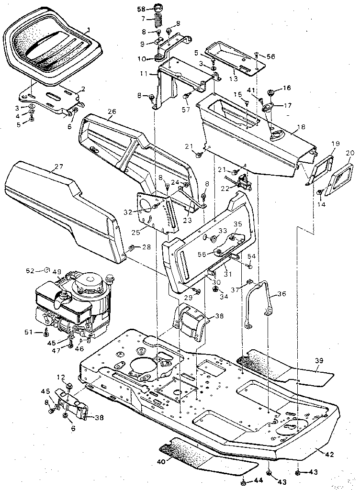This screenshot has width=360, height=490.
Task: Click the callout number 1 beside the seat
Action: point(88,30)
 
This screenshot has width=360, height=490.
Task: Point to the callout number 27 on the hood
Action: point(58,167)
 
